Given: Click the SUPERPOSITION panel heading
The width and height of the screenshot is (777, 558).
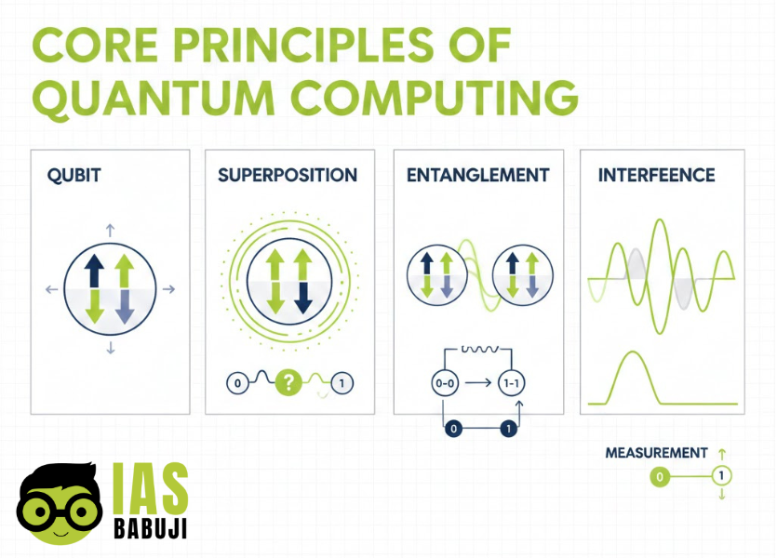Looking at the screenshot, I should tap(288, 176).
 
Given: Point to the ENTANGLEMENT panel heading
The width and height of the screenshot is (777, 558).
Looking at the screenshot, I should tap(478, 176).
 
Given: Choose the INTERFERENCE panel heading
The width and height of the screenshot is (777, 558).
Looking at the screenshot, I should tap(657, 176).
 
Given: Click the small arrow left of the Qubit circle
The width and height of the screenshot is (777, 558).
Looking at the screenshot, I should tap(51, 290).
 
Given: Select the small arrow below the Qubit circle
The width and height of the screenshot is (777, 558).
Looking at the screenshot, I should tap(111, 348).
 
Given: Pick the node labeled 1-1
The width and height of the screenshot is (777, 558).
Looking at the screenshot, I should tap(509, 383).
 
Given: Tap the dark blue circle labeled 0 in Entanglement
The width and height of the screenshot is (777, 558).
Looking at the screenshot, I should tap(453, 429).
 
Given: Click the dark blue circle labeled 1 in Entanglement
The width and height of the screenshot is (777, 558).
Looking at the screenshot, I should tap(508, 429).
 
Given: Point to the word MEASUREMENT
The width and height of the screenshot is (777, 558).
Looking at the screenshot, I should tap(656, 453).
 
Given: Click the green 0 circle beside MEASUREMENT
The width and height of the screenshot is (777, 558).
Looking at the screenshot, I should tap(660, 477).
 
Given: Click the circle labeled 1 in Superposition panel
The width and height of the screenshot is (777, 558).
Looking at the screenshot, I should tap(342, 383).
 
